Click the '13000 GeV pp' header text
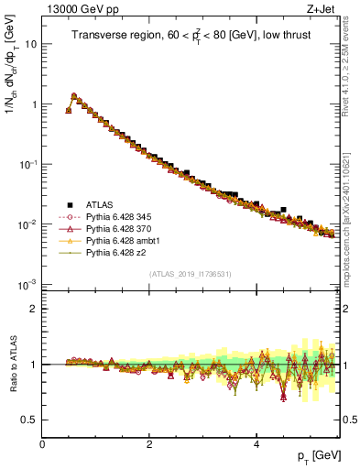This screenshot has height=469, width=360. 80,8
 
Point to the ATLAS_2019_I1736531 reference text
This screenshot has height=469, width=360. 191,274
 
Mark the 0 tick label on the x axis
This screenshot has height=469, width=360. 42,446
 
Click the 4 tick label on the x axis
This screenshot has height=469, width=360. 256,446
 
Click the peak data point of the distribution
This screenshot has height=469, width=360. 74,94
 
